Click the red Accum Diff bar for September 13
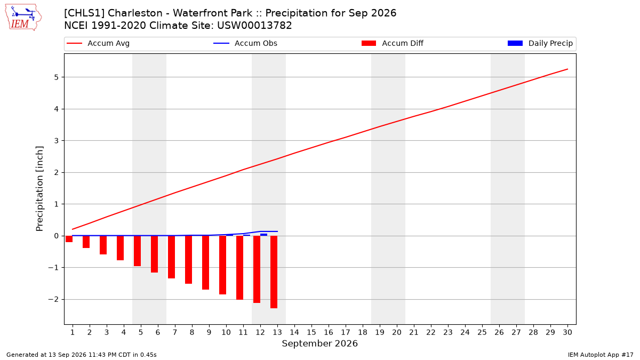(274, 272)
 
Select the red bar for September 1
(69, 239)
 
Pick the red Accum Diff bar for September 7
(171, 257)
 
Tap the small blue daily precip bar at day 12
(263, 235)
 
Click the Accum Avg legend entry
(98, 43)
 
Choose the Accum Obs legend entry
(245, 43)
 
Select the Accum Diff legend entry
(393, 43)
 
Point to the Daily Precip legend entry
(540, 43)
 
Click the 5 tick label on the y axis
(56, 77)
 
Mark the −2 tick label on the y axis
(53, 299)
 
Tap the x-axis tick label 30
(567, 332)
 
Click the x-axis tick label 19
(380, 332)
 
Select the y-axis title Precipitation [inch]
(39, 189)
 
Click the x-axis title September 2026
(319, 343)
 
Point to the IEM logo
(23, 18)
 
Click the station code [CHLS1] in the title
(84, 13)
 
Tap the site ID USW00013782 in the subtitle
(254, 26)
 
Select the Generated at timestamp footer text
(82, 355)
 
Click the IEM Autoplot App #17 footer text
(601, 355)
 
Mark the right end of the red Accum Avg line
(567, 69)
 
